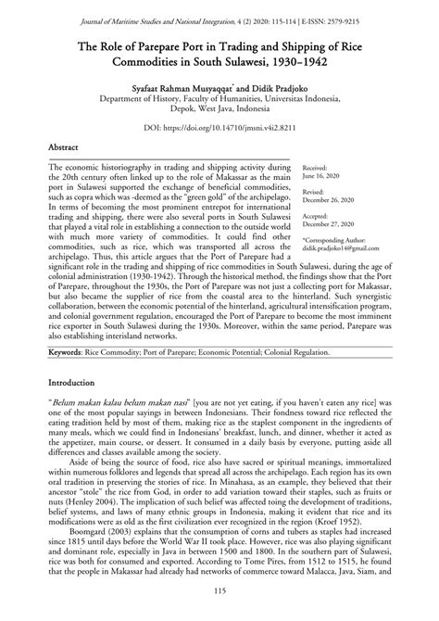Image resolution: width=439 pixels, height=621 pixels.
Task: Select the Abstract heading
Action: coord(66,146)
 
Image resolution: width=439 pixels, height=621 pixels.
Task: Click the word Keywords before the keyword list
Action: coord(71,353)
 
